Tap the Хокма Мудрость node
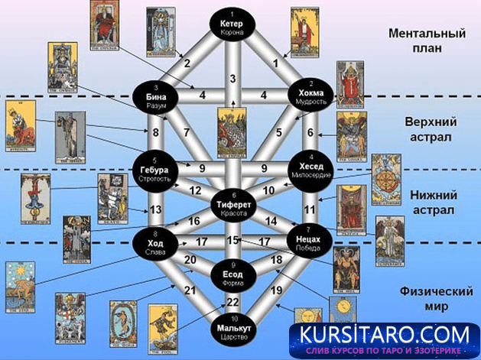click(x=311, y=96)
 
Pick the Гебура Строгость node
click(x=154, y=170)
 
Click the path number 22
click(x=234, y=303)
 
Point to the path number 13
click(x=156, y=209)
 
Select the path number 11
click(x=310, y=209)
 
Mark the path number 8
click(x=155, y=133)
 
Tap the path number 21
click(x=190, y=291)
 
